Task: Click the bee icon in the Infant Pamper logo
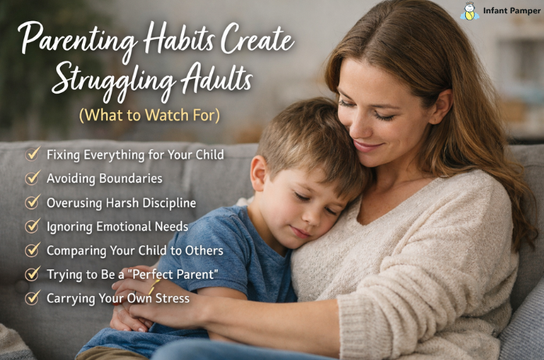click(469, 12)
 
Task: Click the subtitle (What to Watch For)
click(148, 115)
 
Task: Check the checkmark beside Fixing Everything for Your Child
click(33, 154)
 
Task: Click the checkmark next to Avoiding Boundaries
click(33, 178)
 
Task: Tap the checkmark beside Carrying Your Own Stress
click(33, 298)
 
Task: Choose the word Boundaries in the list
click(126, 178)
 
